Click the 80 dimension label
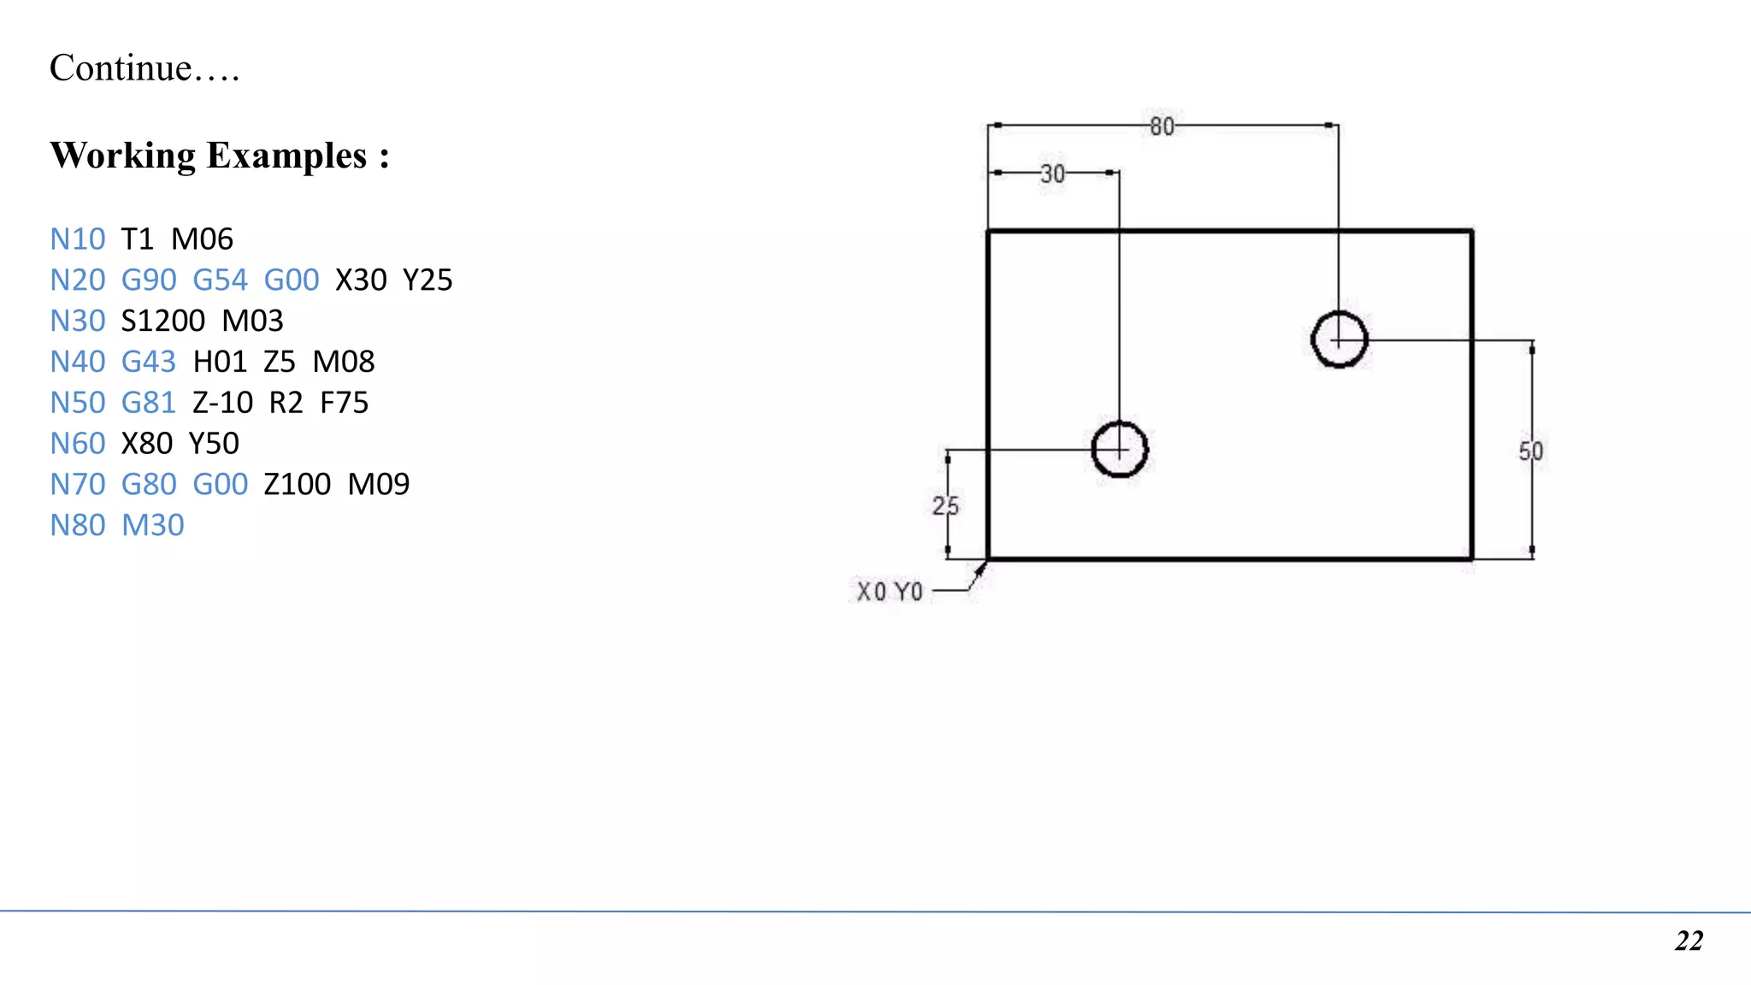[1162, 127]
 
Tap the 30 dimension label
[1052, 174]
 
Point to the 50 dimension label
[1530, 451]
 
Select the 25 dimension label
[945, 506]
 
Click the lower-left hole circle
[1119, 449]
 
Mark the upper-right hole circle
[1339, 339]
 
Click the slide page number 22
[1689, 941]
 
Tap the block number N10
[78, 239]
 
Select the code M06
[202, 239]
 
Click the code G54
[220, 280]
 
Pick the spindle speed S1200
[163, 321]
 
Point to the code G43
[149, 363]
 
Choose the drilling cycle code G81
[149, 403]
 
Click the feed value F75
[344, 403]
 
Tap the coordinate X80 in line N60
[147, 444]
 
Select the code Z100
[297, 485]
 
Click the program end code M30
[153, 526]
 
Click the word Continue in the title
[121, 68]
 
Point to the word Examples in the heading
[286, 156]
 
